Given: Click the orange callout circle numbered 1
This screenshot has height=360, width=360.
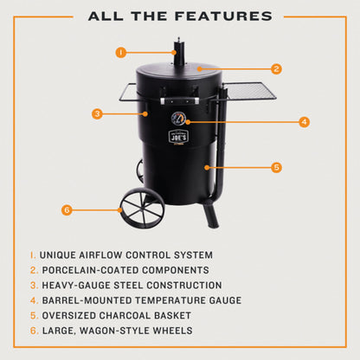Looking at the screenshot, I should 120,52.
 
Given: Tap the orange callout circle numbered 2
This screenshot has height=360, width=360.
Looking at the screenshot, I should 276,68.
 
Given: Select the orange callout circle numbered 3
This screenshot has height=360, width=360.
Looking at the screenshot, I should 97,113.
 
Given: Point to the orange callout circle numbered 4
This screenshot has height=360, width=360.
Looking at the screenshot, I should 304,122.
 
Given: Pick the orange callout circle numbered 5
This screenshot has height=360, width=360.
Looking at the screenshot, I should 276,167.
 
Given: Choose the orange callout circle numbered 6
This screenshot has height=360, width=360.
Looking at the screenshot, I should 67,209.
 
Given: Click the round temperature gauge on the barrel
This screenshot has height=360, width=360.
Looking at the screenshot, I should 178,119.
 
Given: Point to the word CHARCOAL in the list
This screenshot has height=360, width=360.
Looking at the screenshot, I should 144,314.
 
